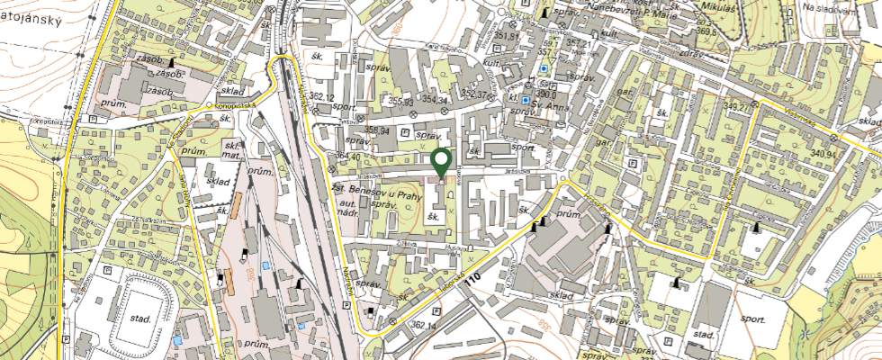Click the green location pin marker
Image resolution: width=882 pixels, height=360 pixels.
(x=441, y=164)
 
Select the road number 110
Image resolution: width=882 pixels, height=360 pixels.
(x=474, y=280)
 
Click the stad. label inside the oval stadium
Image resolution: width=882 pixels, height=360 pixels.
(x=139, y=319)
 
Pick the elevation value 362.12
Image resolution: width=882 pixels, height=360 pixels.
(x=320, y=96)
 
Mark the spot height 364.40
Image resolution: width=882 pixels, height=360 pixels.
(x=346, y=157)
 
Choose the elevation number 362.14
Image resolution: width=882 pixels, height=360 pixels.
(x=423, y=325)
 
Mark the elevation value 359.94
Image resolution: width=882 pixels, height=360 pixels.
(x=376, y=131)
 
